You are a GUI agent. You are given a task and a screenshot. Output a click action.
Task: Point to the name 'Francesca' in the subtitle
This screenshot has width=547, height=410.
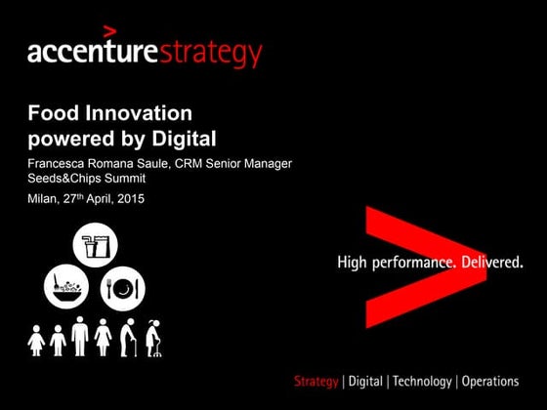(60, 162)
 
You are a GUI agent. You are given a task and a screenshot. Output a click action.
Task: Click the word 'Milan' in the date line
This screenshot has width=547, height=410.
(44, 198)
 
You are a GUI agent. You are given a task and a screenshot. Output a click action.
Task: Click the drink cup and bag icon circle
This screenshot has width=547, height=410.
(95, 246)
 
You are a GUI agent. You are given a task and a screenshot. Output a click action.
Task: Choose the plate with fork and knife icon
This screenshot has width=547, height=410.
(123, 288)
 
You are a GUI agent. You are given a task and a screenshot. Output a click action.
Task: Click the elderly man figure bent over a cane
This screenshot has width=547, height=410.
(128, 338)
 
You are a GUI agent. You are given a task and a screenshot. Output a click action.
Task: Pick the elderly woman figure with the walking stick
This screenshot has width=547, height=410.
(152, 338)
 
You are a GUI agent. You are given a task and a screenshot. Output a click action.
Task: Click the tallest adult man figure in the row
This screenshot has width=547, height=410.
(81, 336)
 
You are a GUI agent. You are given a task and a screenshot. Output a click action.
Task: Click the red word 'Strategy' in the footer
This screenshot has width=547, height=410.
(316, 382)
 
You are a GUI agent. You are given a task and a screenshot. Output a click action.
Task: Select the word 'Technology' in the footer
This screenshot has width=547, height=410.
(422, 382)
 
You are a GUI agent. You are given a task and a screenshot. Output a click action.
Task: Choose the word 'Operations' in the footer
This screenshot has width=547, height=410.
(489, 382)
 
